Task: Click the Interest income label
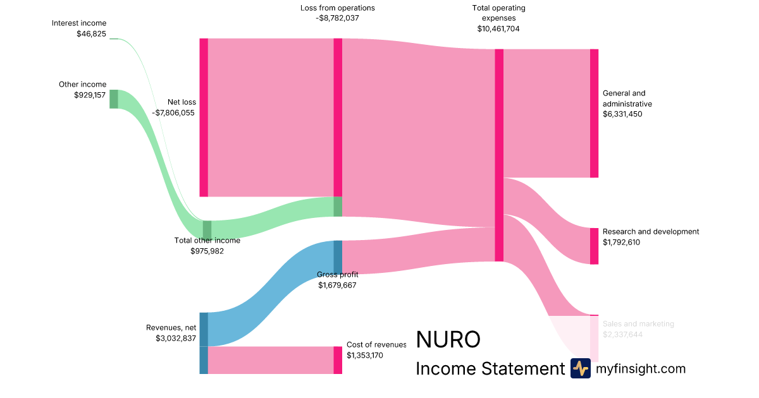[x=79, y=23]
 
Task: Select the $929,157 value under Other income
[x=90, y=95]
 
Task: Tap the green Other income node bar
[x=114, y=99]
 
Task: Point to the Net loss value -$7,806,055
[x=173, y=112]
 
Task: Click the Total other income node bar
[x=207, y=229]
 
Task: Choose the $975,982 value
[x=207, y=251]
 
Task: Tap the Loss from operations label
[x=338, y=8]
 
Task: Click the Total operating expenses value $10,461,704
[x=498, y=28]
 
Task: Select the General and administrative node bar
[x=594, y=113]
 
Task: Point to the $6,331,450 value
[x=622, y=114]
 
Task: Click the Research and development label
[x=651, y=232]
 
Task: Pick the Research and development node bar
[x=594, y=246]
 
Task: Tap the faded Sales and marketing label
[x=638, y=324]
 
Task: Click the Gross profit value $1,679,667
[x=338, y=285]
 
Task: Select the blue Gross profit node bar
[x=338, y=257]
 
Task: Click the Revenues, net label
[x=171, y=327]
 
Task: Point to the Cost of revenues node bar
[x=338, y=360]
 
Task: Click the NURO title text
[x=448, y=340]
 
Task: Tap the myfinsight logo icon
[x=580, y=368]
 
